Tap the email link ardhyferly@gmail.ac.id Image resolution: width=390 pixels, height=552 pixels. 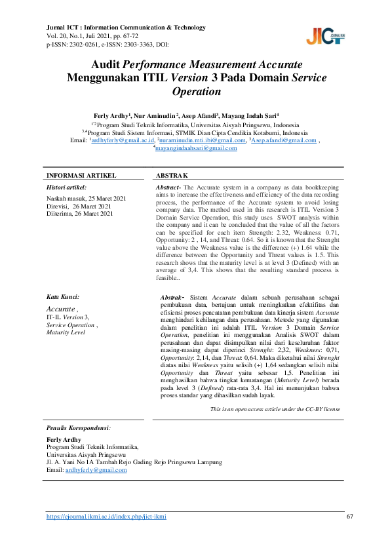[x=123, y=140]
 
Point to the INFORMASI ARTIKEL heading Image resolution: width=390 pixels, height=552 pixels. [x=81, y=176]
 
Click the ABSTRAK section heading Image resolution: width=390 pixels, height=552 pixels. [x=172, y=176]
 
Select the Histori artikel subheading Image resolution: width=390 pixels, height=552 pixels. [x=68, y=187]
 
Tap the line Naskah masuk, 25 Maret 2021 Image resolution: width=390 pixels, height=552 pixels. [x=86, y=198]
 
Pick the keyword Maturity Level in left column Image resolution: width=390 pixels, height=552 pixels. [x=66, y=332]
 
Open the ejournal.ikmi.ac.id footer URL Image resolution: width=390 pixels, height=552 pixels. [x=106, y=517]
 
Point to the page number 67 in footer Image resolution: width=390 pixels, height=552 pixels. [x=349, y=517]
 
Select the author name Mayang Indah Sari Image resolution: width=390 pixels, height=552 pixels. [x=250, y=114]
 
